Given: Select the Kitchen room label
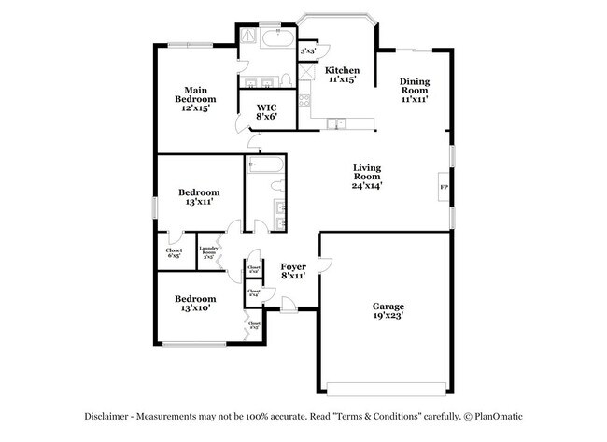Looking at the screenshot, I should [342, 71].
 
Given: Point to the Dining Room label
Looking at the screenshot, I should [414, 87].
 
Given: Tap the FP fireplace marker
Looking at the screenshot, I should [444, 187].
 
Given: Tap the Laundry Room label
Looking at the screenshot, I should [208, 250].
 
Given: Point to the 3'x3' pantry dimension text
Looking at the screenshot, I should [309, 50].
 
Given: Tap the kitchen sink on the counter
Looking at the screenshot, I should [338, 121].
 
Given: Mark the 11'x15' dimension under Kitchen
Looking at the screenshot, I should [342, 80].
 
